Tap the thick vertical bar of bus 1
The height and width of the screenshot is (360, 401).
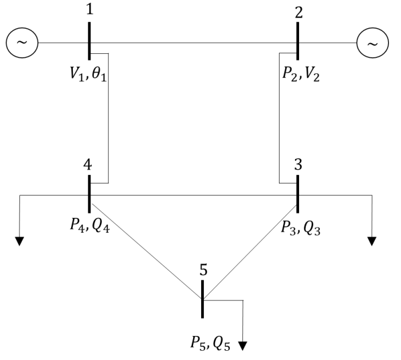tap(89, 41)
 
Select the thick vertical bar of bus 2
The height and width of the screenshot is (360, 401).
tap(298, 41)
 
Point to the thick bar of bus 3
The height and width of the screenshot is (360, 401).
tap(298, 194)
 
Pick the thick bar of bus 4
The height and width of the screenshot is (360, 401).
tap(89, 194)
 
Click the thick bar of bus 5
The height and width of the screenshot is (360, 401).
tap(203, 299)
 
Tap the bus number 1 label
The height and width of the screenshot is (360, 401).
tap(89, 10)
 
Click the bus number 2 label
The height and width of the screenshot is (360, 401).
tap(299, 13)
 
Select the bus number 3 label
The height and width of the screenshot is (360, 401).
tap(298, 165)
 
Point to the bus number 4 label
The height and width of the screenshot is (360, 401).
tap(88, 165)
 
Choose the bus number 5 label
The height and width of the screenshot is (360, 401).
tap(203, 269)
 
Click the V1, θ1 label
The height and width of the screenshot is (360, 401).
tap(88, 75)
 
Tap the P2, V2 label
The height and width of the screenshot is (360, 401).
tap(301, 74)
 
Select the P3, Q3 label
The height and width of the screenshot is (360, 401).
tap(301, 228)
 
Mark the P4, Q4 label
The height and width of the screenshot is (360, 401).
tap(90, 225)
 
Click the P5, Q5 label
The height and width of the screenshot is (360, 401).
tap(210, 343)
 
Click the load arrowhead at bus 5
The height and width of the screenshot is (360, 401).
tap(243, 346)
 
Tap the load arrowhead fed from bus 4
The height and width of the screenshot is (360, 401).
tap(19, 241)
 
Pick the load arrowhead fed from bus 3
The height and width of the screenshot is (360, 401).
tap(372, 241)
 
